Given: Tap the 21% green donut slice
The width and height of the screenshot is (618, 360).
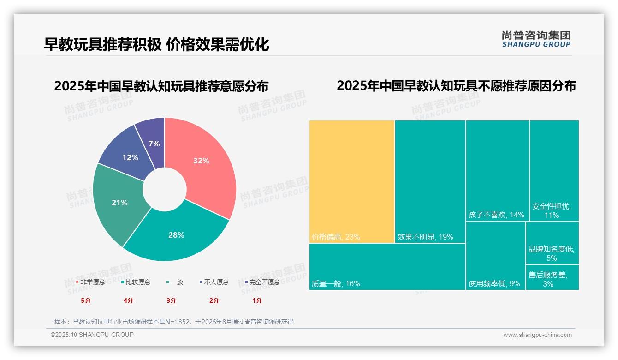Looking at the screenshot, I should click(x=119, y=202).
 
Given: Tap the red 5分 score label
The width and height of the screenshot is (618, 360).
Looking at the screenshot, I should click(x=86, y=300).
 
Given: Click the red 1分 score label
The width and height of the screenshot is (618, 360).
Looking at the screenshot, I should click(x=257, y=300).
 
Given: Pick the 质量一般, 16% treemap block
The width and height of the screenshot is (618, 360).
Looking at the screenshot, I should click(x=387, y=266).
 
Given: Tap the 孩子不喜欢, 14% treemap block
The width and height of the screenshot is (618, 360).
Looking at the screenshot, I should click(x=497, y=171).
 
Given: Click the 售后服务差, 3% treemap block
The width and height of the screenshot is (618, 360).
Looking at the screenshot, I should click(x=552, y=277).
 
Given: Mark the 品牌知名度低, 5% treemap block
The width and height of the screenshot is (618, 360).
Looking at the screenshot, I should click(x=552, y=243).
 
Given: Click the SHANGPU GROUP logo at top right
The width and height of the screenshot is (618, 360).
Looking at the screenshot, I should click(x=536, y=39).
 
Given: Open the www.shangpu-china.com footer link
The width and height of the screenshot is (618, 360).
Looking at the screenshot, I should click(x=537, y=335).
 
